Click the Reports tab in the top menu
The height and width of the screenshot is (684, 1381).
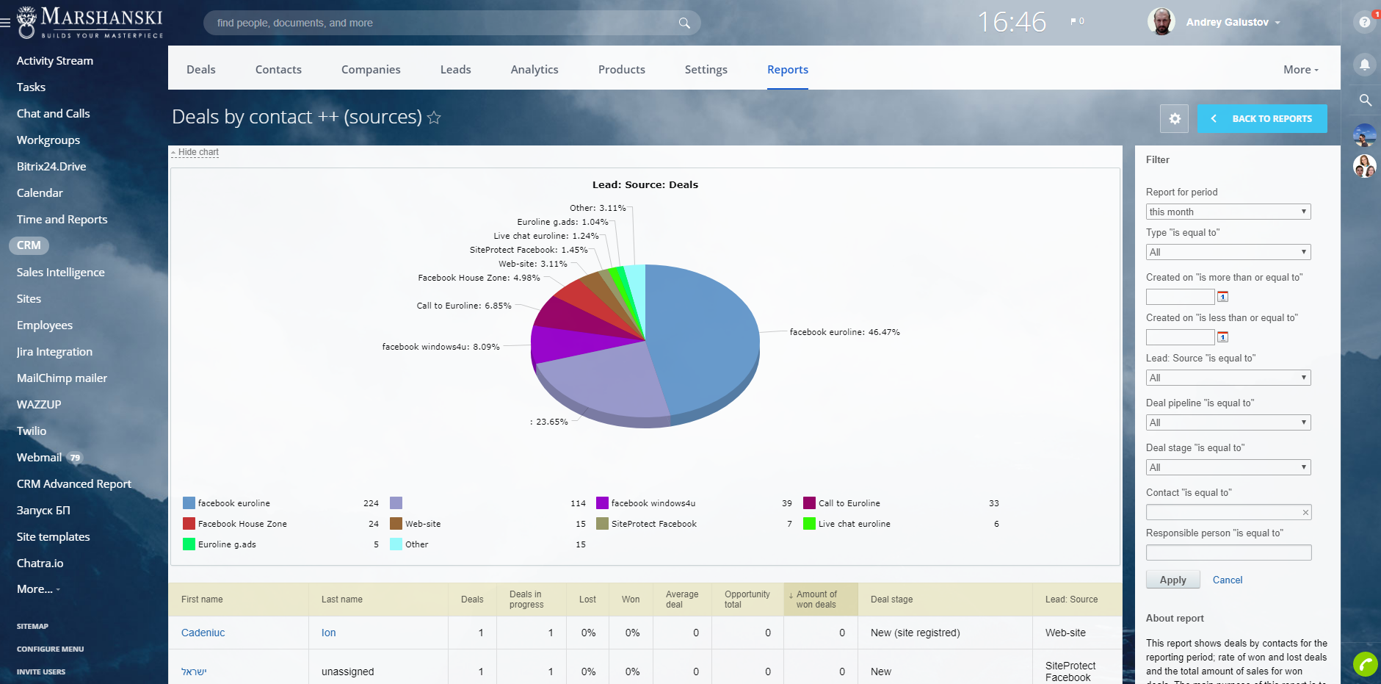(787, 70)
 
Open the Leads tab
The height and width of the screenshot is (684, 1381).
(455, 70)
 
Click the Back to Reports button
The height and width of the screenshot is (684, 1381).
(1262, 118)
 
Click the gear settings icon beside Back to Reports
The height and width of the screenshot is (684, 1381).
(1174, 118)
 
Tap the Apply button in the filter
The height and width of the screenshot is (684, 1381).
(1172, 580)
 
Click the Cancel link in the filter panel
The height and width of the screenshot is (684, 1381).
(1227, 580)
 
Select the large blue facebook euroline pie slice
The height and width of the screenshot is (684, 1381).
(705, 331)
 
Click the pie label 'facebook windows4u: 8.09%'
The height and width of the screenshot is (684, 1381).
(441, 347)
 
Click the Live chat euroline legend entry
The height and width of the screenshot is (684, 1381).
(854, 524)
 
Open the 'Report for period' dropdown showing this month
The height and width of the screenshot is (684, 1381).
(1228, 212)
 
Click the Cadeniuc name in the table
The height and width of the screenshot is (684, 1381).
(203, 633)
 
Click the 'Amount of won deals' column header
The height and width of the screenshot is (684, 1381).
(816, 600)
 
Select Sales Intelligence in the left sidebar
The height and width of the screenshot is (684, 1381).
(60, 273)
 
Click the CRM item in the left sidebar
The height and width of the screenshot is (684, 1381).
(29, 245)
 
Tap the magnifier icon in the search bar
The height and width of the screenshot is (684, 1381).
(684, 23)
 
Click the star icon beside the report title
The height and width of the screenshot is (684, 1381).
(434, 118)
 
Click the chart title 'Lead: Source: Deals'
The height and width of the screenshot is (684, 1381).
(645, 184)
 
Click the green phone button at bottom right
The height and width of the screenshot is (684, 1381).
(1365, 664)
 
